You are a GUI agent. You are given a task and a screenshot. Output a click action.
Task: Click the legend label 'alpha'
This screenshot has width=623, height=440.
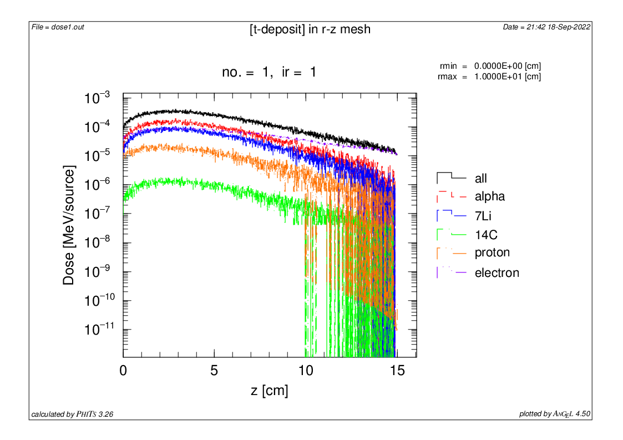[490, 196]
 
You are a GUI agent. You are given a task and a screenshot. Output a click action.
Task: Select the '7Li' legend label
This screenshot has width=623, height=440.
[484, 216]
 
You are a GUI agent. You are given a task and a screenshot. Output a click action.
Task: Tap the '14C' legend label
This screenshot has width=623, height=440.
[485, 235]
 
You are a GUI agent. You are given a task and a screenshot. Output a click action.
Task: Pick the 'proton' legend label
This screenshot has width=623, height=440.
[492, 253]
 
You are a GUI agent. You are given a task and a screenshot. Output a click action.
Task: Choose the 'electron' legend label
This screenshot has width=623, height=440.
[497, 273]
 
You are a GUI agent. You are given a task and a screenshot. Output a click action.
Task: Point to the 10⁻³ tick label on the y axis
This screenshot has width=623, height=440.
[98, 99]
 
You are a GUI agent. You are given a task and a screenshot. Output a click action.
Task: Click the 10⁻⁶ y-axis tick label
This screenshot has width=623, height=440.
[98, 185]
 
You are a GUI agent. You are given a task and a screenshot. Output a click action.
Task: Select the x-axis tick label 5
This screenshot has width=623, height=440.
[214, 371]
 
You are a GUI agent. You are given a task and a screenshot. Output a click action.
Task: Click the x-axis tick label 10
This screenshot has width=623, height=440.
[305, 371]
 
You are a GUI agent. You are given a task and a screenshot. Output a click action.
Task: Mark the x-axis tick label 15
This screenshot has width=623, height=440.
[396, 371]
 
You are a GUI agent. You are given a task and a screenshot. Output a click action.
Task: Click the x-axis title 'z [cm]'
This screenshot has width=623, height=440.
[269, 391]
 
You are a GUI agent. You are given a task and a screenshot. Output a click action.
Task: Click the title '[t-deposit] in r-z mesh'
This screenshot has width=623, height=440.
[310, 29]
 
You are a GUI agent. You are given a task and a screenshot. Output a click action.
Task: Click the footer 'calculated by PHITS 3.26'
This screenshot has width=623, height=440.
[73, 414]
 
